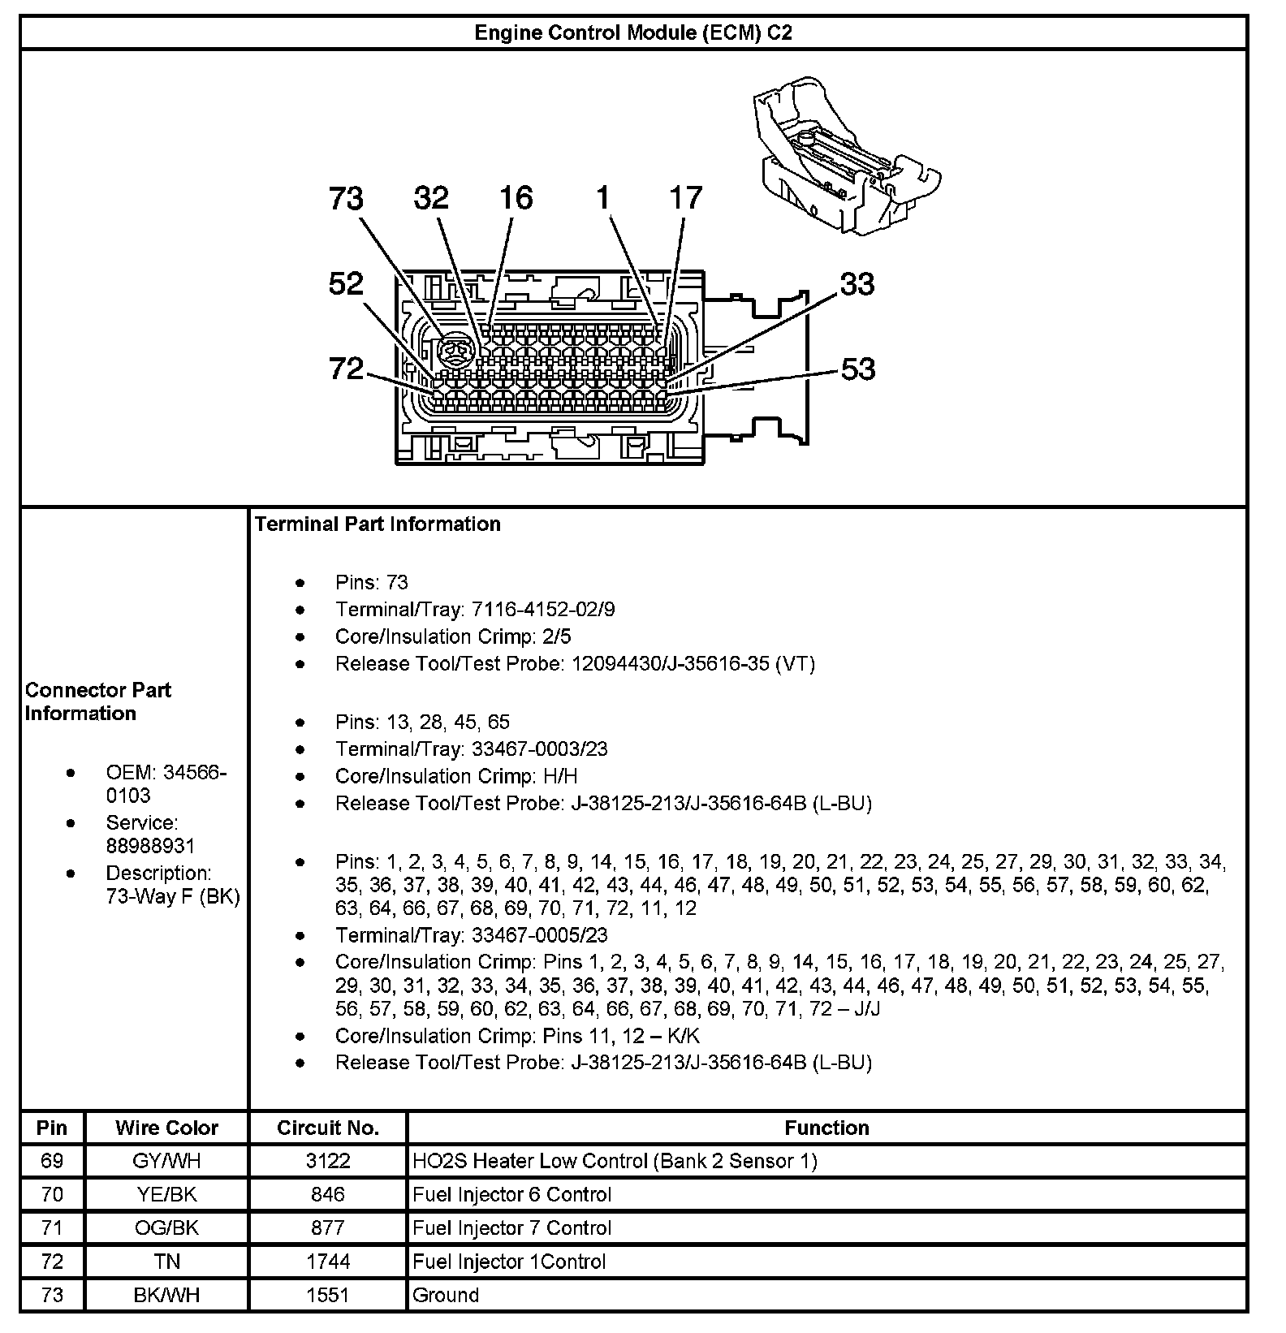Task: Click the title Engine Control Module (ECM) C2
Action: click(x=632, y=32)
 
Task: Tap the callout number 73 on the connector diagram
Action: click(x=346, y=199)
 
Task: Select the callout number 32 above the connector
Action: click(x=431, y=198)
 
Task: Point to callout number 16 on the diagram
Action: click(x=516, y=198)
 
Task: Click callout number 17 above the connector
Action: click(x=686, y=198)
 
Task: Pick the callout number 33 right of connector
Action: click(x=857, y=284)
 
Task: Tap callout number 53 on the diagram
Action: click(x=857, y=369)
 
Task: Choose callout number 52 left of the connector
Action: click(x=346, y=284)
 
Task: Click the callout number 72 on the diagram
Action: click(x=346, y=369)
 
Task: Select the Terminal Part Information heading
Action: click(x=378, y=524)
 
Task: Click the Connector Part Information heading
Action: click(x=97, y=701)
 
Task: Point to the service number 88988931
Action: click(x=150, y=846)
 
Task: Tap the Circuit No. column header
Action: click(x=328, y=1128)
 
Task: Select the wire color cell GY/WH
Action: click(x=166, y=1161)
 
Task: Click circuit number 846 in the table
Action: click(x=328, y=1194)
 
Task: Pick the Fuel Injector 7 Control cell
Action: click(x=511, y=1227)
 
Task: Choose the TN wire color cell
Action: click(x=166, y=1262)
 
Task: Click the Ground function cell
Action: click(x=446, y=1295)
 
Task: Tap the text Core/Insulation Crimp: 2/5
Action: click(x=459, y=636)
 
